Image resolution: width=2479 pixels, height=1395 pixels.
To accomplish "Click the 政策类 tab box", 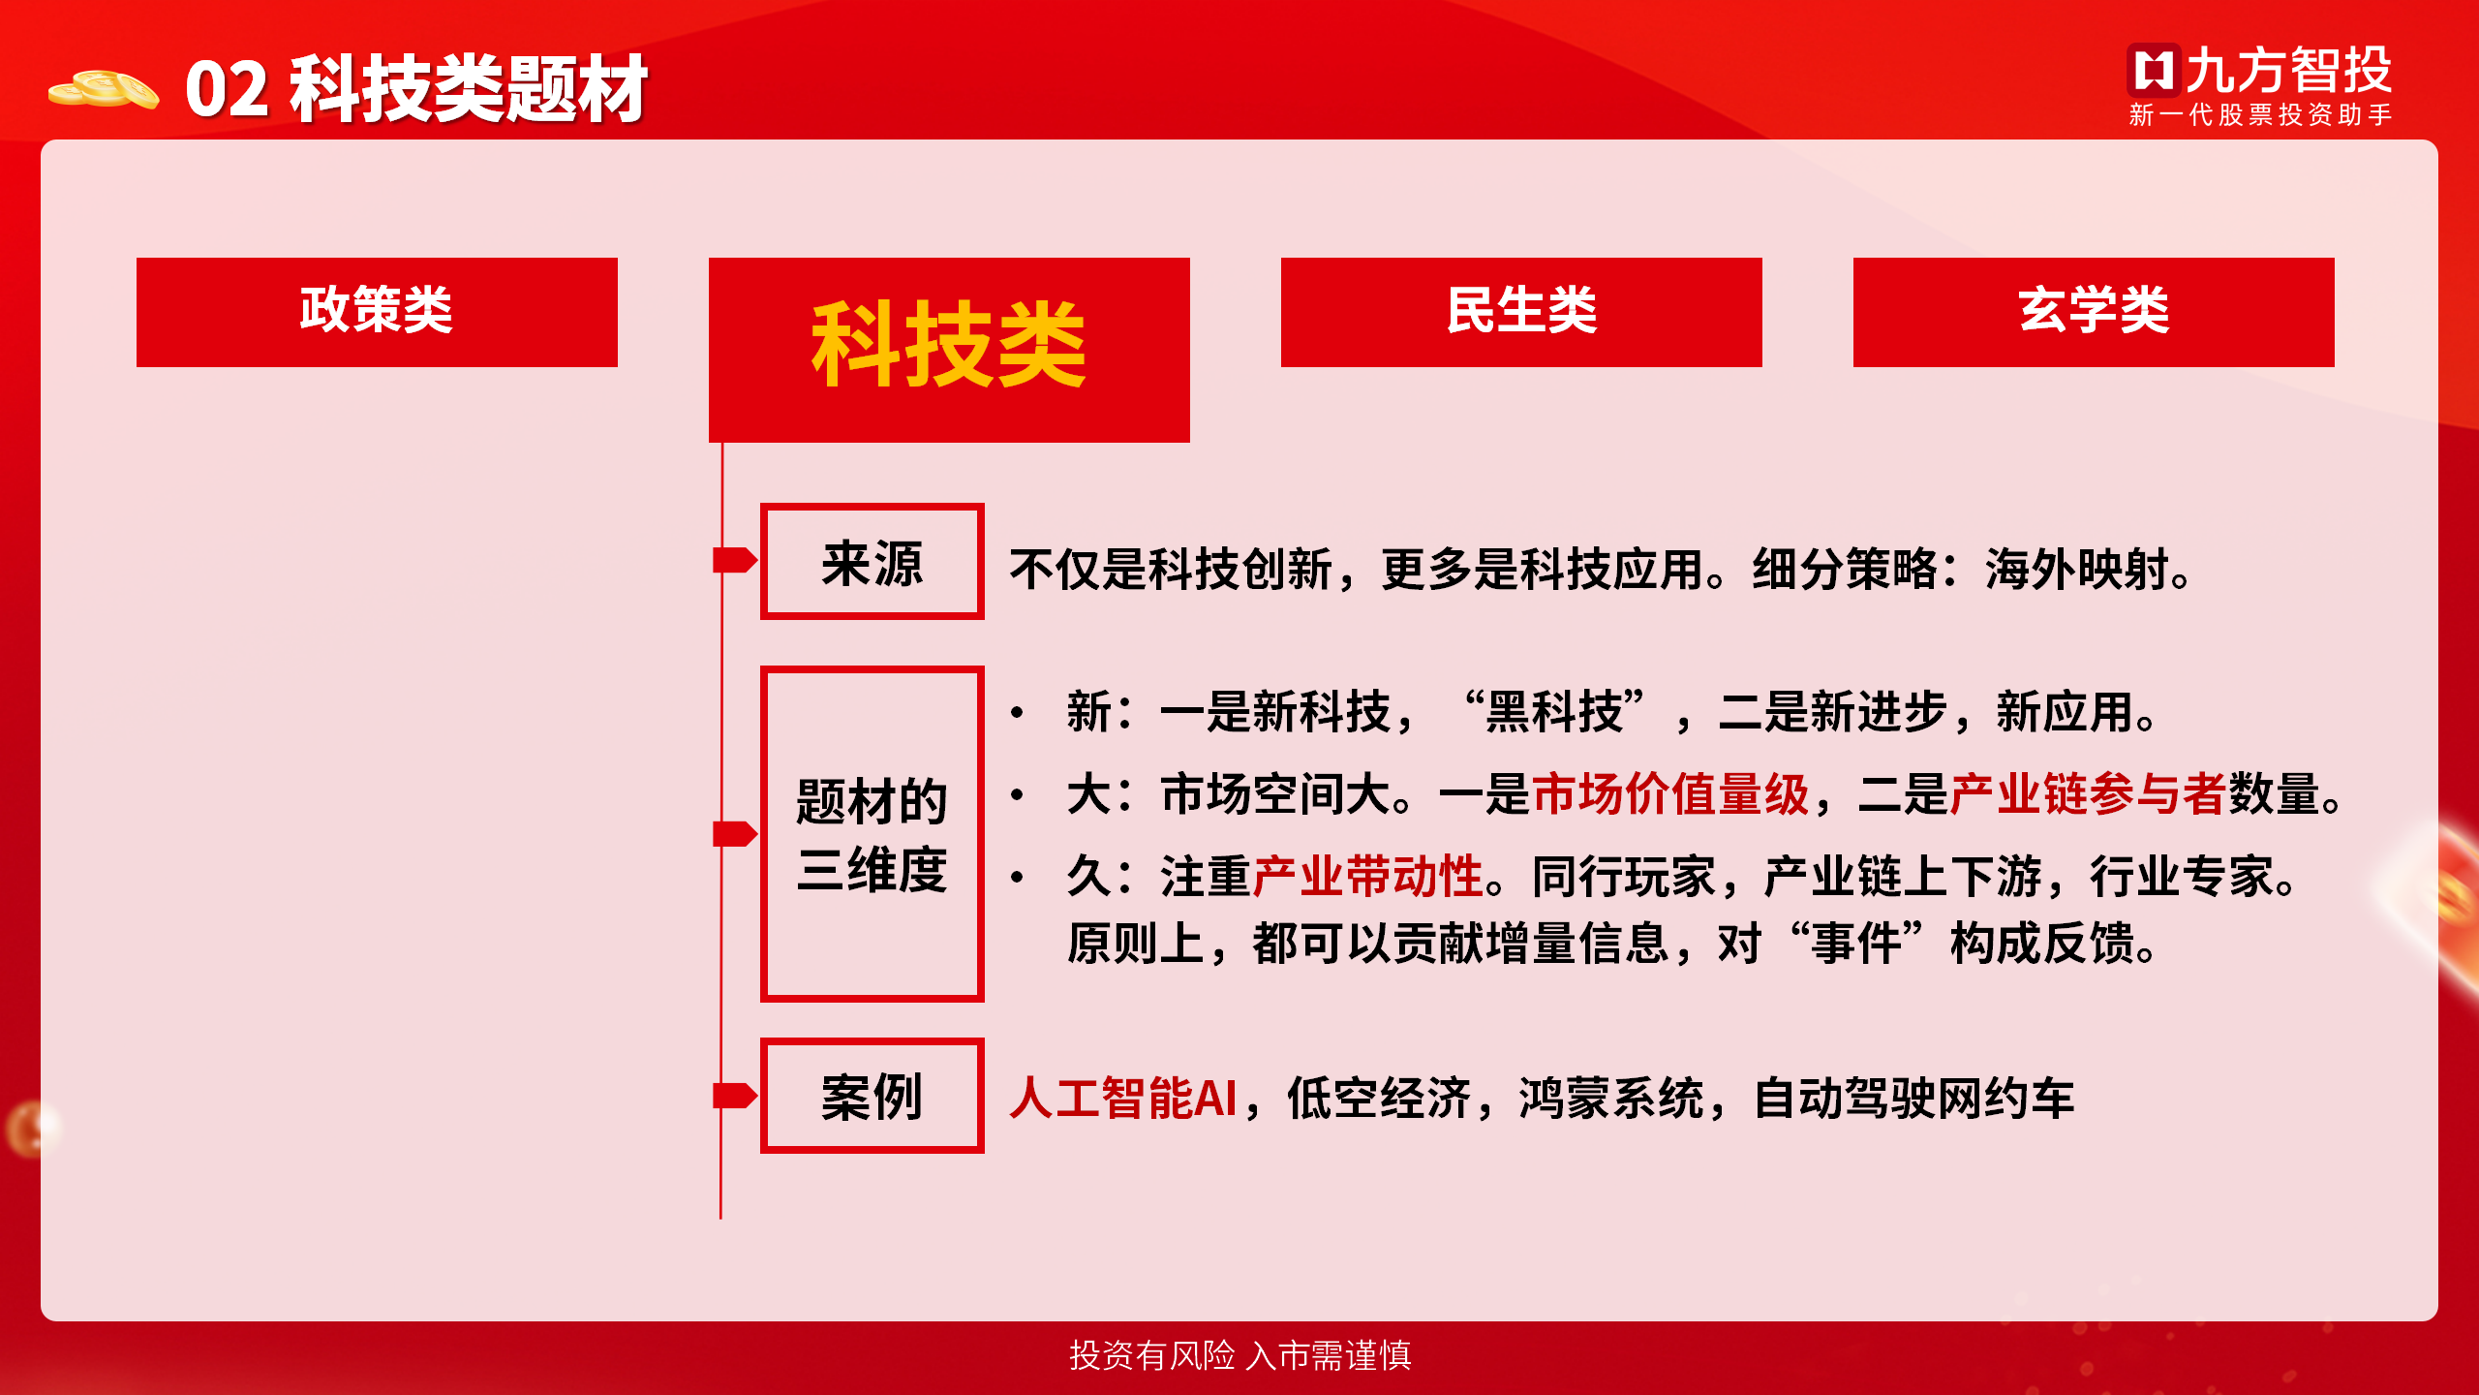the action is pyautogui.click(x=377, y=312).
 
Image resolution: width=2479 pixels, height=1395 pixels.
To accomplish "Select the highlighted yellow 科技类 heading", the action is pyautogui.click(x=949, y=344).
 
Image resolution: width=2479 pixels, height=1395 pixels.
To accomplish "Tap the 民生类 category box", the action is pyautogui.click(x=1521, y=312).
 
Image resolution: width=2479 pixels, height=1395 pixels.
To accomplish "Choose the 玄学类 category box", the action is pyautogui.click(x=2094, y=312).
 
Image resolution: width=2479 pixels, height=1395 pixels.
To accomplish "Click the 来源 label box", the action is pyautogui.click(x=872, y=561).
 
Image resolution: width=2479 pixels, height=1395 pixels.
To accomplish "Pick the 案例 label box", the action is pyautogui.click(x=872, y=1096).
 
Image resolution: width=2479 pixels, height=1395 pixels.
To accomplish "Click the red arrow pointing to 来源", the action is pyautogui.click(x=735, y=560).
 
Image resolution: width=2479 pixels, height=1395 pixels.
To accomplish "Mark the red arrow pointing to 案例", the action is pyautogui.click(x=735, y=1096).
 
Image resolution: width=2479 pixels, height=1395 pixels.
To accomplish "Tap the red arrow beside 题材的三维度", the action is pyautogui.click(x=735, y=833).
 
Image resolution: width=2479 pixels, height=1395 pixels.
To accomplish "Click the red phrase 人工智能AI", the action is pyautogui.click(x=1123, y=1099).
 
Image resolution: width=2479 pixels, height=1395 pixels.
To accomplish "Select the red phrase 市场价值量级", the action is pyautogui.click(x=1671, y=794).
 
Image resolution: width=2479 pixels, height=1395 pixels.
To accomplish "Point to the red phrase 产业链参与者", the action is pyautogui.click(x=2088, y=794).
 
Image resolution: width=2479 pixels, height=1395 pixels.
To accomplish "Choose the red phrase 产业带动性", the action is pyautogui.click(x=1367, y=877).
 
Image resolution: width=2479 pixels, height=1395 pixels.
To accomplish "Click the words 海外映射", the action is pyautogui.click(x=2076, y=570).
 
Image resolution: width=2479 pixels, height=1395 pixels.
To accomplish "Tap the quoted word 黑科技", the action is pyautogui.click(x=1555, y=712).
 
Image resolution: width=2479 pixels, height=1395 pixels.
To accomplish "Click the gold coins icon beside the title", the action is pyautogui.click(x=104, y=89).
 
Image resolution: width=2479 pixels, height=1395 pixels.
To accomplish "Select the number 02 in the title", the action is pyautogui.click(x=227, y=89).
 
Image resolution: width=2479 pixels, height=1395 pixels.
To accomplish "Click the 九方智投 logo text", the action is pyautogui.click(x=2288, y=70).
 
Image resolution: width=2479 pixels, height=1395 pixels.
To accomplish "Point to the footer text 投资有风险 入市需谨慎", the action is pyautogui.click(x=1240, y=1355).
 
